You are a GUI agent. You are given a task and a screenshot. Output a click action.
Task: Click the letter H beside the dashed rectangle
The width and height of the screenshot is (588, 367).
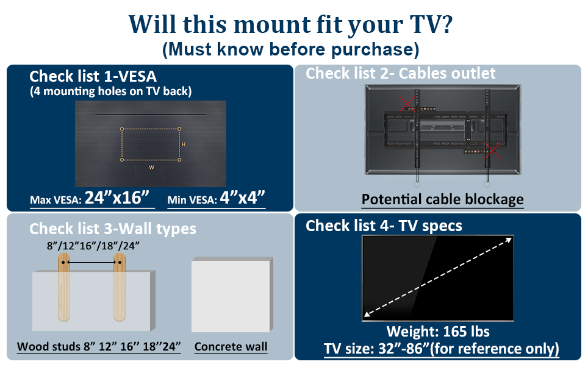[x=184, y=144]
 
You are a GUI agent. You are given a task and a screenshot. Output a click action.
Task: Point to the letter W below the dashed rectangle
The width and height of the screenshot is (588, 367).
[x=151, y=166]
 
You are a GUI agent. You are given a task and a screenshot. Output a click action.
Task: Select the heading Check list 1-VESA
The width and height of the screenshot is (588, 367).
[x=93, y=76]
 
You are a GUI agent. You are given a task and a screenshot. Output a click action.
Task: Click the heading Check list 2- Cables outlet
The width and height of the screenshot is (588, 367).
[x=401, y=74]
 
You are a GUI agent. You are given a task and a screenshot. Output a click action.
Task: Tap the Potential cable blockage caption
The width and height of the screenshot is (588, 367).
[x=442, y=199]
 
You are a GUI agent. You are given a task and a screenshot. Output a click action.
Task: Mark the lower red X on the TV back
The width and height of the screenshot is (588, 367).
[x=489, y=149]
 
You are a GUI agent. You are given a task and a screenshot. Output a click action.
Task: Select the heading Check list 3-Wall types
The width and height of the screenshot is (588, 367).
[x=113, y=229]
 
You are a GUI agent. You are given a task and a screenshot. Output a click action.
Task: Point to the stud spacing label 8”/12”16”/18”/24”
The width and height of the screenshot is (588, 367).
[x=93, y=246]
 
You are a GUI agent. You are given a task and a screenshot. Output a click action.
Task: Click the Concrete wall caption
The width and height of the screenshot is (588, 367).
[x=231, y=347]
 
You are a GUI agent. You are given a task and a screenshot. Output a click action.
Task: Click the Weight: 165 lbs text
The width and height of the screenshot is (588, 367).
[x=438, y=332]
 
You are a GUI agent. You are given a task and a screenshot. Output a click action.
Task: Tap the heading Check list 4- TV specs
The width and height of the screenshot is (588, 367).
[x=384, y=226]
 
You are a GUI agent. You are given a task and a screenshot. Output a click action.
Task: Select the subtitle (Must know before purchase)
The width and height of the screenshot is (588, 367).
[x=290, y=49]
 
